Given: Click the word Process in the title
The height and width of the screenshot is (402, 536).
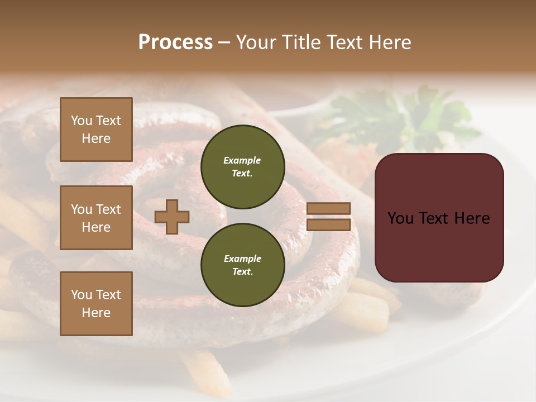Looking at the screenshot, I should click(x=175, y=42).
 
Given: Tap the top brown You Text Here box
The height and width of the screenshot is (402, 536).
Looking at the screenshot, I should click(x=96, y=130).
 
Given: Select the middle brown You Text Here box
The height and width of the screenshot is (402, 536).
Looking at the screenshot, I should click(x=96, y=218).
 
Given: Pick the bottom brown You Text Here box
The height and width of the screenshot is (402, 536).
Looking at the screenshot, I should click(x=96, y=304).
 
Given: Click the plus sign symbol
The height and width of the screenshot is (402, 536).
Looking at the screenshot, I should click(x=172, y=217).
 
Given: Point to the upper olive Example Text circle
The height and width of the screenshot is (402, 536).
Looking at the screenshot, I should click(x=242, y=167).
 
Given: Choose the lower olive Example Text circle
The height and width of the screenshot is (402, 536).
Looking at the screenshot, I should click(x=242, y=265).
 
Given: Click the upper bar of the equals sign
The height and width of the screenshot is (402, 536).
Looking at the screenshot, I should click(x=328, y=208).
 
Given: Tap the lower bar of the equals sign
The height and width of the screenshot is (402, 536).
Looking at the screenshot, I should click(x=328, y=225).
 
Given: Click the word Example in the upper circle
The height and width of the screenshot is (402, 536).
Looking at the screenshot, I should click(x=242, y=160).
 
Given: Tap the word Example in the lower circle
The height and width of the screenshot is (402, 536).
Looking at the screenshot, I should click(x=242, y=259).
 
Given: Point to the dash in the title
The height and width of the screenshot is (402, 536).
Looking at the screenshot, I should click(x=224, y=43).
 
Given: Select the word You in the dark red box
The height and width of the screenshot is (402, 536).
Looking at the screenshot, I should click(x=400, y=218).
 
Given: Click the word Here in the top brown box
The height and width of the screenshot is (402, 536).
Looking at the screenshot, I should click(x=96, y=138).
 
